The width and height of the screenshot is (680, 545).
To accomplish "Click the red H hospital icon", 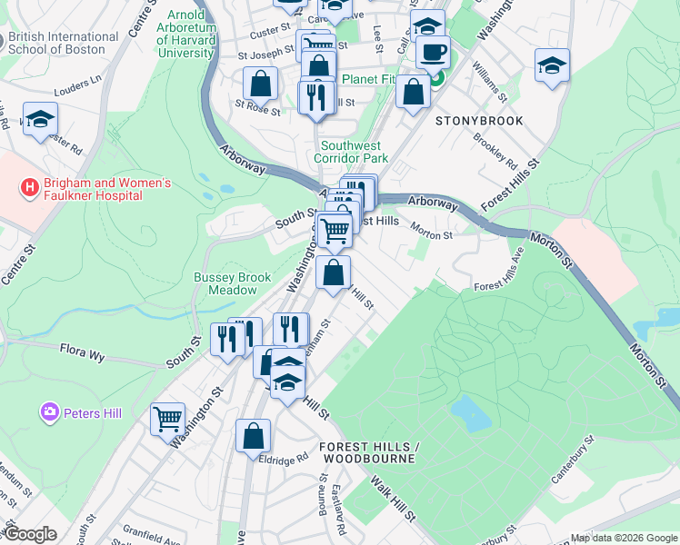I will point(31,188).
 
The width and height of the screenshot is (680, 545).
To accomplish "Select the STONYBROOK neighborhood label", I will point(479,120).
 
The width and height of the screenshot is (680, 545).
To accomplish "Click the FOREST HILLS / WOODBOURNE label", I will point(367,452).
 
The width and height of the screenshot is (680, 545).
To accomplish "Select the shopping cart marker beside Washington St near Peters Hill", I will point(167,420).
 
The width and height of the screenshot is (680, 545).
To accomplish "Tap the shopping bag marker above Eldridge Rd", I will point(253,436).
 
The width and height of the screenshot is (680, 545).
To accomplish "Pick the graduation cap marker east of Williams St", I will point(552,66).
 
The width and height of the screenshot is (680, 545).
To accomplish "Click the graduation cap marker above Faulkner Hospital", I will point(40,120).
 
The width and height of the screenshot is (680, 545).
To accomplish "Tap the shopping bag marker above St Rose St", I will point(260,84).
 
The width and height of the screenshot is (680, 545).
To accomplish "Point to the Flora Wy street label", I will point(84,349).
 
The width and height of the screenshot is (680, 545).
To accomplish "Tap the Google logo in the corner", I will point(30,534).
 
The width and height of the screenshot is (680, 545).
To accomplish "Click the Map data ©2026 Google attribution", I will point(624,538).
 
